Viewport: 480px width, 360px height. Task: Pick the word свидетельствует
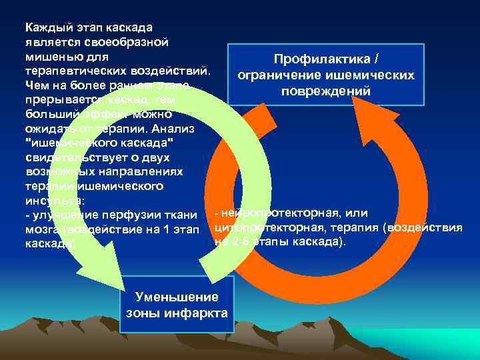(74, 157)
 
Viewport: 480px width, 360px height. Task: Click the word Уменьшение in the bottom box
(177, 297)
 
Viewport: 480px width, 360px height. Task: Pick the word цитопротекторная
(273, 227)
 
